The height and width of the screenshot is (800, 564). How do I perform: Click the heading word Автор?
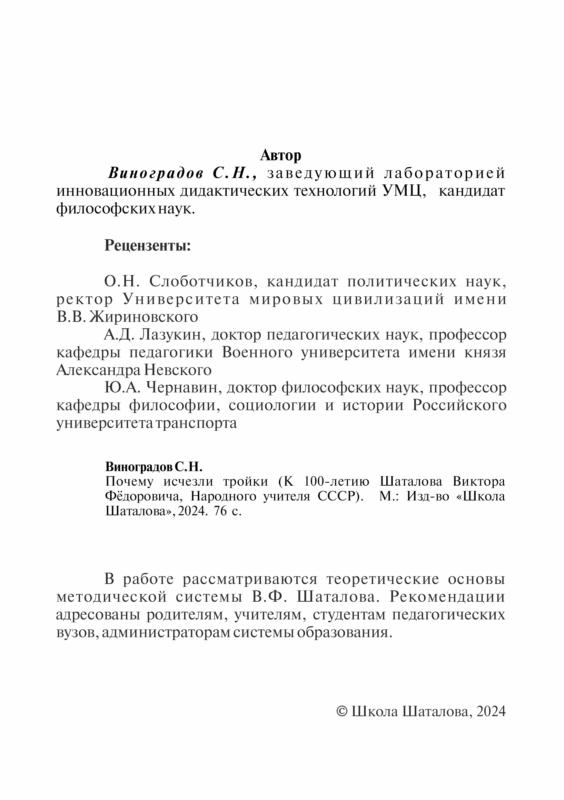click(281, 155)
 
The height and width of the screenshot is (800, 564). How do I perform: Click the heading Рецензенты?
click(148, 246)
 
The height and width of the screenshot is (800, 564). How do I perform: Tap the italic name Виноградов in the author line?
click(156, 173)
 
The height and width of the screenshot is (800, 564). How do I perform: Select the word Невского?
click(178, 370)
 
